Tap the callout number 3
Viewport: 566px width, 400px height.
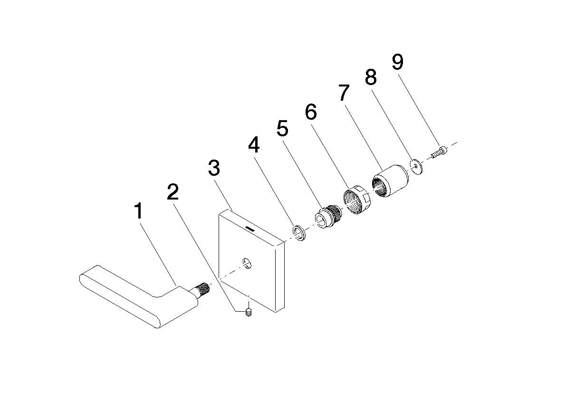click(x=214, y=168)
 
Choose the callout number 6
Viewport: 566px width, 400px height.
click(x=311, y=112)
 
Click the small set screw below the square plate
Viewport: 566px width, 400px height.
click(x=249, y=313)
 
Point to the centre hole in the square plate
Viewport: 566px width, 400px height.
click(x=247, y=263)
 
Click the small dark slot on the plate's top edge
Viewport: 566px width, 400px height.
click(x=249, y=228)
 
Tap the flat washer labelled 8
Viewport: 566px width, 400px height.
click(x=417, y=166)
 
